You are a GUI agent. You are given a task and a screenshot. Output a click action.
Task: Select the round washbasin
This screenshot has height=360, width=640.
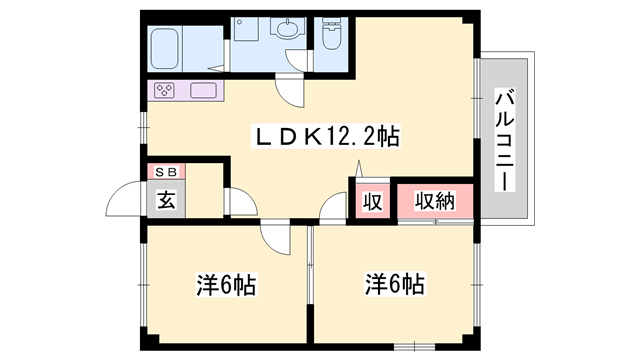pos(288,30)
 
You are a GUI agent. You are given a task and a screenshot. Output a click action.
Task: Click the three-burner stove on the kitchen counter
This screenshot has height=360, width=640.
pos(166,91)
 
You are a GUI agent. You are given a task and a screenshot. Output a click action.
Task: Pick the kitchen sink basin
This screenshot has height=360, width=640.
pos(207,91)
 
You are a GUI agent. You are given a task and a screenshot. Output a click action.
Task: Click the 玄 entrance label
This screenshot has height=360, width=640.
pos(165,196)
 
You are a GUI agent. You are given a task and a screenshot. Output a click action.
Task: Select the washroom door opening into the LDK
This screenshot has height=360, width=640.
pos(291,92)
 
